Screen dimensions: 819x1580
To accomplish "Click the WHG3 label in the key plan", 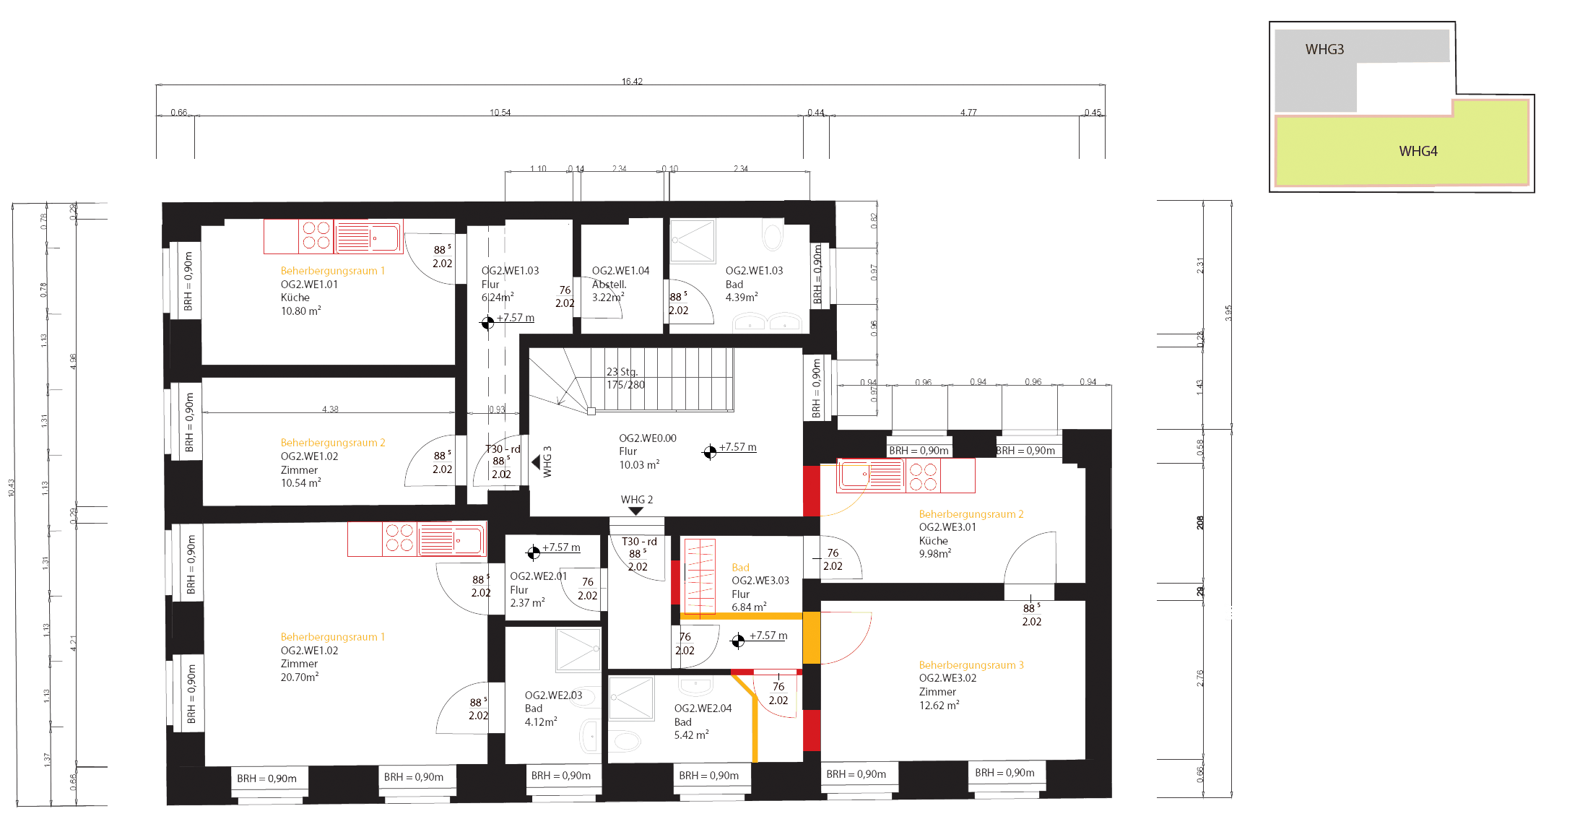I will (1324, 50).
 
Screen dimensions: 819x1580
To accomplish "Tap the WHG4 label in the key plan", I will (1418, 152).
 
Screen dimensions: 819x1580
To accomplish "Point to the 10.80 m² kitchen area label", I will (298, 311).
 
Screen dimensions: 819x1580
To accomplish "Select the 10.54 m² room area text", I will (298, 482).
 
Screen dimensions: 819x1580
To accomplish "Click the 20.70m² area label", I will (298, 677).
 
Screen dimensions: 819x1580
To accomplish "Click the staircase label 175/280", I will (625, 385).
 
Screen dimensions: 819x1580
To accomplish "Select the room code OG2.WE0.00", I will (648, 438).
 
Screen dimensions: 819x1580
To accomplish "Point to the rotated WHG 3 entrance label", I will (547, 461).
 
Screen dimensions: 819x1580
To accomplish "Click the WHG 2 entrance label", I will (636, 500).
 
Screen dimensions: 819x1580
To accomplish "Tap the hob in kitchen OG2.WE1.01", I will (318, 235).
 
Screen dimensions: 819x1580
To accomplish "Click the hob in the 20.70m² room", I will (400, 539).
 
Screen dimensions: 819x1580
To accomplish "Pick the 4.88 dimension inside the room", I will (330, 409).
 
